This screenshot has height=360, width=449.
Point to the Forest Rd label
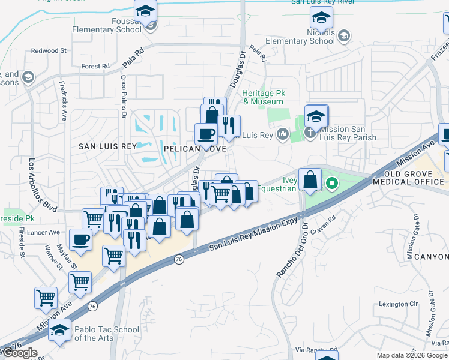click(x=95, y=66)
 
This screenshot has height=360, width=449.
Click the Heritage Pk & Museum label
click(x=263, y=98)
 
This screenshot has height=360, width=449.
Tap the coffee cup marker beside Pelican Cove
click(x=206, y=133)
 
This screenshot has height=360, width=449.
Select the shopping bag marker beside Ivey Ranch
click(x=310, y=179)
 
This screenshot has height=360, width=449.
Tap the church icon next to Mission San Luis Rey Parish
click(x=310, y=133)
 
